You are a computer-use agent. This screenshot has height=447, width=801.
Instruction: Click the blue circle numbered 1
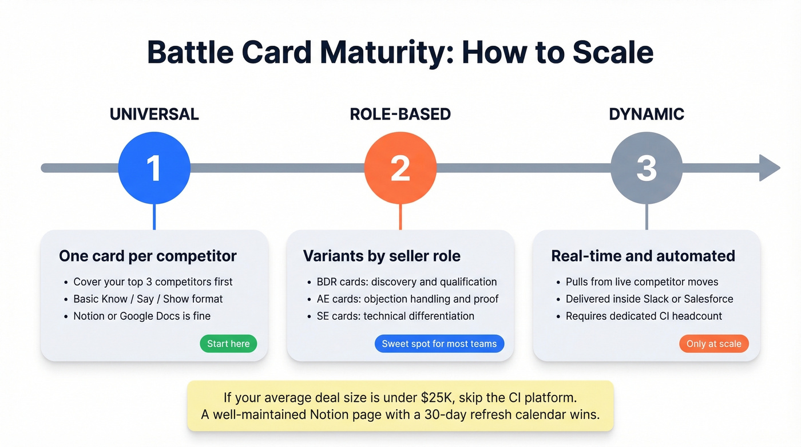point(154,168)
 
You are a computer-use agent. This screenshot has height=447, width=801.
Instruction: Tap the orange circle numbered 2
point(400,168)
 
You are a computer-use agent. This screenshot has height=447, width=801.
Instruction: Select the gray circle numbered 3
point(647,168)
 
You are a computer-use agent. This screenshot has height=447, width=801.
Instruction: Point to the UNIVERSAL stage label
point(154,114)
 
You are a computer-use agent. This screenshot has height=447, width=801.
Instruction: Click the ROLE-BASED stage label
point(400,114)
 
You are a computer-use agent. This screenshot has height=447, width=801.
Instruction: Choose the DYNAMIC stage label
point(647,114)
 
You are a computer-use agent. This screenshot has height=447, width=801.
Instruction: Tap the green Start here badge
point(228,343)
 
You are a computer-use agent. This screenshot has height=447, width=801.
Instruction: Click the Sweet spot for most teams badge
point(439,343)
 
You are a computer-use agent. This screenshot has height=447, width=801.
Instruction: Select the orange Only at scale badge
point(713,343)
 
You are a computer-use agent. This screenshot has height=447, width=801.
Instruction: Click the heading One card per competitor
point(148,256)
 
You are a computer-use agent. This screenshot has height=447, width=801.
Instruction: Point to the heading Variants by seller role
point(382,256)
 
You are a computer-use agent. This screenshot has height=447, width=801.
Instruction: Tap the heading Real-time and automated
point(643,256)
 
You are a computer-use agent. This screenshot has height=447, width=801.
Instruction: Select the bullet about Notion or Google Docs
point(142,315)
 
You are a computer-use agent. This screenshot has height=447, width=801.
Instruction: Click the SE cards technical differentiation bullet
point(395,315)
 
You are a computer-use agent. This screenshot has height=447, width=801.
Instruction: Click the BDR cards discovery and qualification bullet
point(407,282)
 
